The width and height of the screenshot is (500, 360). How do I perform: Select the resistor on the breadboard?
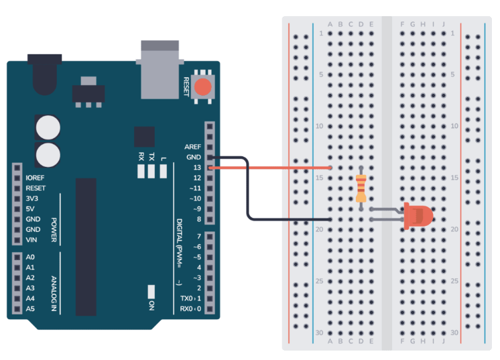coord(361,188)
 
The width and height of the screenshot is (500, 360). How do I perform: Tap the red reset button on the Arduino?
coord(202,87)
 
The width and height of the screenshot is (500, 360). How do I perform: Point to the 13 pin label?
coord(196,168)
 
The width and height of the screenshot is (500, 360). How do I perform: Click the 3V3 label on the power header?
coord(32,199)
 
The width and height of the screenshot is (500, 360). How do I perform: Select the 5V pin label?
coord(30,209)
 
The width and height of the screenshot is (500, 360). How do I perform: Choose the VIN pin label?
coord(31,240)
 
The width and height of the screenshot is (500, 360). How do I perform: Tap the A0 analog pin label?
coord(30,257)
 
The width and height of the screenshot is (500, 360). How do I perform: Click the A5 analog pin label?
coord(30,309)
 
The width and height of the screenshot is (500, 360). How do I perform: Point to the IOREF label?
coord(36,178)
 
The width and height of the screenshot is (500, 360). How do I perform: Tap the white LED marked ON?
coord(151,292)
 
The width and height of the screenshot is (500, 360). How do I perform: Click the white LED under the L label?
coord(163,172)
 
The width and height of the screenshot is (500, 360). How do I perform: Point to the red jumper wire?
coord(275,168)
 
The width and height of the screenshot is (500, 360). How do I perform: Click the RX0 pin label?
coord(192,309)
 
